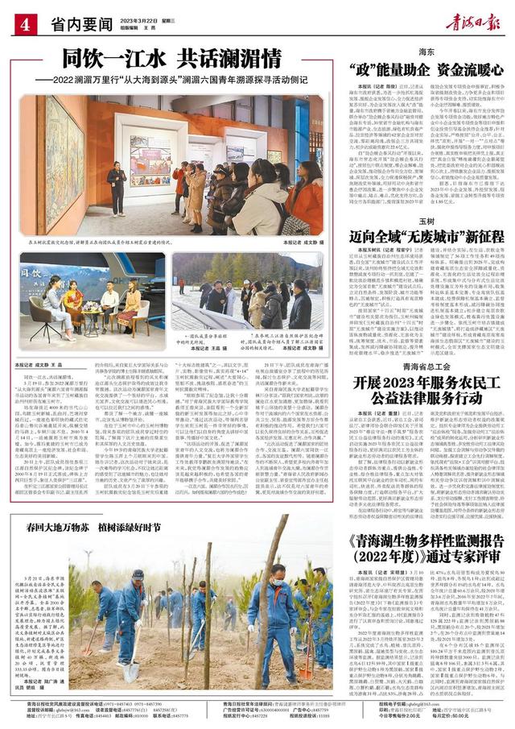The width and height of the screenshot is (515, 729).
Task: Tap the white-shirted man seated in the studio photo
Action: coord(108,299)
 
